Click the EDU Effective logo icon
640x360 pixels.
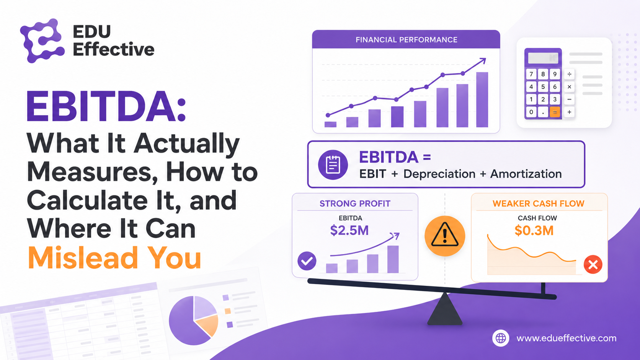(x=42, y=41)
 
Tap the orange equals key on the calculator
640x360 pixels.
(x=555, y=112)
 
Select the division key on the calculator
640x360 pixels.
(x=569, y=74)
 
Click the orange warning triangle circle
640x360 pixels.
(x=444, y=236)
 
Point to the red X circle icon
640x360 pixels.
(x=593, y=264)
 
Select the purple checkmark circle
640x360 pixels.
(x=307, y=261)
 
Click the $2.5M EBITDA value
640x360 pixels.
(x=349, y=230)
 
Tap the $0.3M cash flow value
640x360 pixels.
(x=534, y=230)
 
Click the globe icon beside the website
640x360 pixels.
(x=501, y=338)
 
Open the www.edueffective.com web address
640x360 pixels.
(x=566, y=338)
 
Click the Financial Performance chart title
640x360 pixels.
(x=406, y=40)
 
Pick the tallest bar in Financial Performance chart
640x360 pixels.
(x=482, y=99)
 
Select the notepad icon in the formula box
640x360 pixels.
(x=333, y=165)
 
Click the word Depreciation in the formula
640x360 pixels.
(x=439, y=174)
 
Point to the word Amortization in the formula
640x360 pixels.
(x=526, y=174)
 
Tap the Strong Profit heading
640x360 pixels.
(x=355, y=204)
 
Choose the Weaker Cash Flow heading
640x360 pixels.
(x=538, y=204)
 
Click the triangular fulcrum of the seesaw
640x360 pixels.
(x=444, y=309)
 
